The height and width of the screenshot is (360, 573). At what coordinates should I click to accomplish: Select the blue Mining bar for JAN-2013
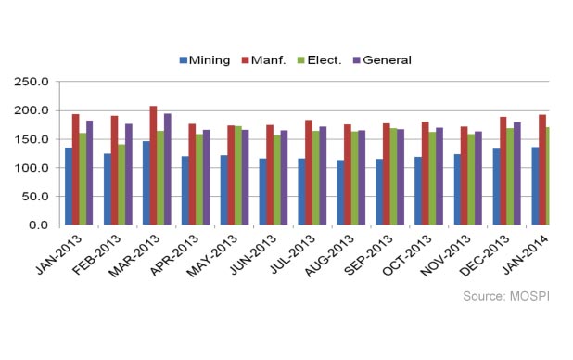coord(69,186)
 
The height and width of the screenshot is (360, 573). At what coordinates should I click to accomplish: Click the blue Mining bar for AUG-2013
coord(340,192)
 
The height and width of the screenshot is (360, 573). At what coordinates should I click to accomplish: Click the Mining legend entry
coord(203,60)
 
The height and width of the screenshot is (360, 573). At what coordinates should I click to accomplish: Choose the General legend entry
coord(381,60)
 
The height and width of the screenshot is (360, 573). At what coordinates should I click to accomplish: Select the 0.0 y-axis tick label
coord(39,225)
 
